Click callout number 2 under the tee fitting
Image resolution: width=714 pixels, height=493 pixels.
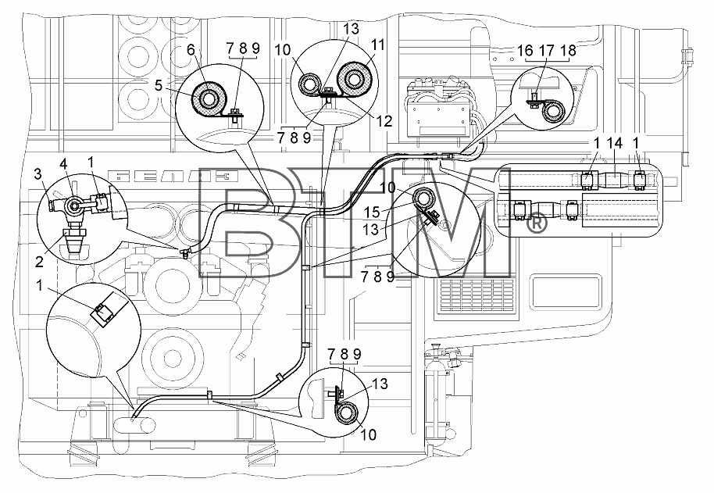coord(40,261)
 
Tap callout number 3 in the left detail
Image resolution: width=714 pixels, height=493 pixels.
coord(38,174)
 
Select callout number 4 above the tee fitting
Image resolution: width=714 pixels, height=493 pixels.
coord(65,163)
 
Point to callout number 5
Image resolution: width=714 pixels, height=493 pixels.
coord(159,85)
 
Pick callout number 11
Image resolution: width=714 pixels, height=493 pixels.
coord(377,45)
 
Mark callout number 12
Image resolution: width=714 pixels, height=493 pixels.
coord(384,120)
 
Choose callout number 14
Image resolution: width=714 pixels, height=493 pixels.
coord(614,143)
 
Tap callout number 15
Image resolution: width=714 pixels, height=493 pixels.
coord(372,213)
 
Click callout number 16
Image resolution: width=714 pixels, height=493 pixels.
coord(525,50)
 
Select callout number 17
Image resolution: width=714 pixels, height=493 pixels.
coord(546,50)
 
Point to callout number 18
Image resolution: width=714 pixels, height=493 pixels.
coord(568,50)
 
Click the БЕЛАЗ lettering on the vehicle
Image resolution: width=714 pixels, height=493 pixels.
coord(173,176)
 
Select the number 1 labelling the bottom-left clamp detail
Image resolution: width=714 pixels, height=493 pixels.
coord(40,285)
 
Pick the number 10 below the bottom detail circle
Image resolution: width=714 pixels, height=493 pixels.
coord(369,434)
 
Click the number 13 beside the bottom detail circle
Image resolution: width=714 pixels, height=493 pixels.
coord(380,384)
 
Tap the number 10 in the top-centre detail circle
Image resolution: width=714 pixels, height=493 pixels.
coord(282,49)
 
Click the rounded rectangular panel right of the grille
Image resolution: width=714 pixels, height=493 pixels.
coord(564,292)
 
